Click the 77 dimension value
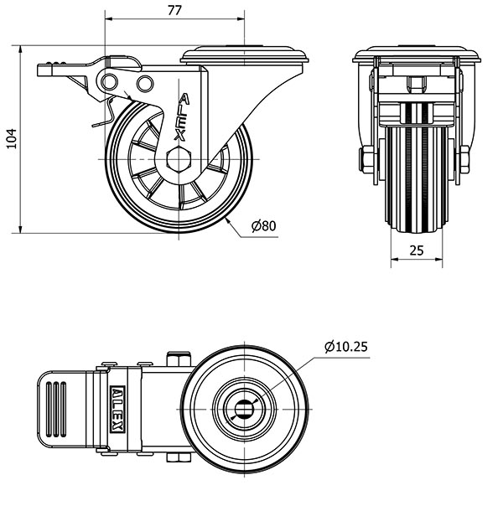click(174, 11)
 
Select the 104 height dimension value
click(12, 139)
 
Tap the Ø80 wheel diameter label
click(264, 225)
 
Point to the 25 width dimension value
click(417, 250)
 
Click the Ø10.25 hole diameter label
click(346, 347)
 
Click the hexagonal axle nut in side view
click(178, 159)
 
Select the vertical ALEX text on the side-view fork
click(182, 117)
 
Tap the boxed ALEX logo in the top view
click(117, 410)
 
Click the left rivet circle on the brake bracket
click(109, 81)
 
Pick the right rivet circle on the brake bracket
click(145, 84)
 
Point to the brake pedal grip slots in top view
click(56, 410)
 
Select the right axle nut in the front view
click(464, 159)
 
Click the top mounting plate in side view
click(244, 54)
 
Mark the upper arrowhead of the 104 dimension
click(21, 49)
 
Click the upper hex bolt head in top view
click(179, 359)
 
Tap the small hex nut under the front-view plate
click(417, 84)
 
